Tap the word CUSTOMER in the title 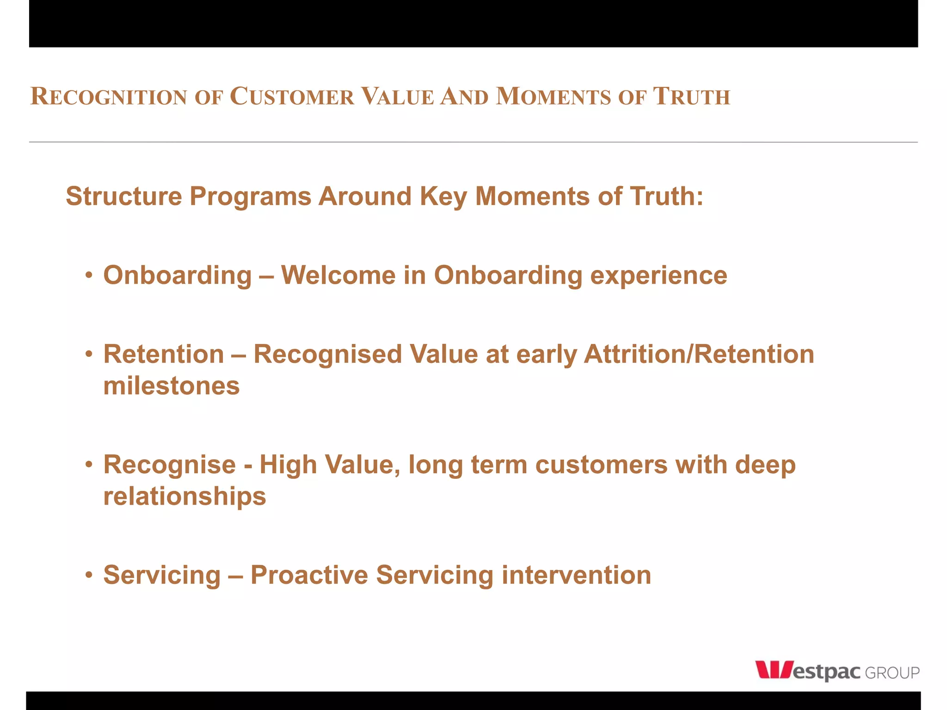292,97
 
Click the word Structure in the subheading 124,196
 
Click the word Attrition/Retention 699,355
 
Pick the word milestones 171,386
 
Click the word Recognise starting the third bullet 169,465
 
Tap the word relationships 184,497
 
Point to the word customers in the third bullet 601,465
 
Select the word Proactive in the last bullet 309,575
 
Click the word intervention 576,575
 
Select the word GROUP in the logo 892,673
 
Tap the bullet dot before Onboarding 89,276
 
